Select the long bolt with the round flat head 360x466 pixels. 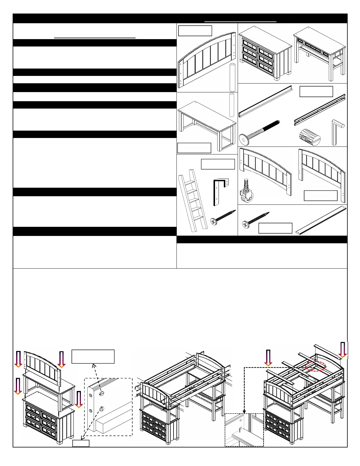259,132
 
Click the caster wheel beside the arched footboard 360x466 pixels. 246,191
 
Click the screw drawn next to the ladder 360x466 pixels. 223,217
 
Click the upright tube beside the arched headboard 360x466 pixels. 232,77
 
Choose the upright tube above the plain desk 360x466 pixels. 232,105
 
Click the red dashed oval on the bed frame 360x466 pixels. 316,366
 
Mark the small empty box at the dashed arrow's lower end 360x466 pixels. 81,443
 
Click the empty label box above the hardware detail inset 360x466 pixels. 93,357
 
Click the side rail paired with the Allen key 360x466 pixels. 319,110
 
